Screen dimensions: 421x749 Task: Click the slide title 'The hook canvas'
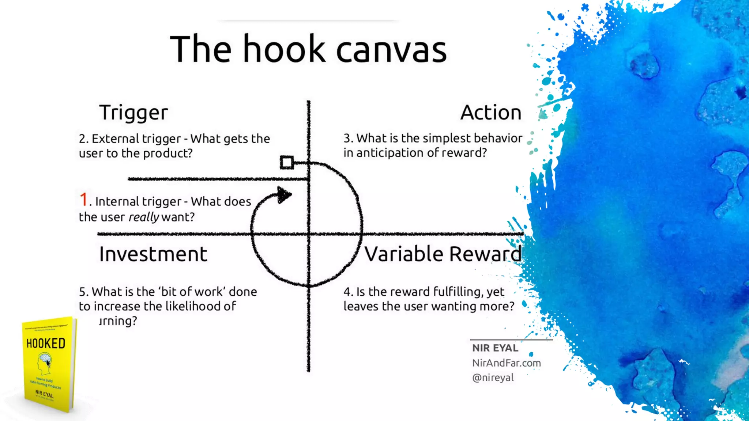pyautogui.click(x=308, y=49)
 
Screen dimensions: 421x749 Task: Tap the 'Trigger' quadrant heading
pyautogui.click(x=133, y=113)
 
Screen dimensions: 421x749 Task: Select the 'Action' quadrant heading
pyautogui.click(x=491, y=113)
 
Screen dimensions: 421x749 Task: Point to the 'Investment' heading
pyautogui.click(x=153, y=254)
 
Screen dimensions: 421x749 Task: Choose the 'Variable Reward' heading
pyautogui.click(x=443, y=254)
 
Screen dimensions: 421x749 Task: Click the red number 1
pyautogui.click(x=84, y=200)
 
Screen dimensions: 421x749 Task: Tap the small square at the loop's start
pyautogui.click(x=287, y=163)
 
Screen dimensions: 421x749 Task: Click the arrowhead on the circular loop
pyautogui.click(x=284, y=195)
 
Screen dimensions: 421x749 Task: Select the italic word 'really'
pyautogui.click(x=144, y=217)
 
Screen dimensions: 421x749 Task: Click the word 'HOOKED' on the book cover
pyautogui.click(x=46, y=344)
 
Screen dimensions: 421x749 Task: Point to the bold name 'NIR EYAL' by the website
pyautogui.click(x=495, y=348)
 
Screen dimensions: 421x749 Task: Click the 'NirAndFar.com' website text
pyautogui.click(x=506, y=363)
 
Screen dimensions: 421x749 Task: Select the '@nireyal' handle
pyautogui.click(x=493, y=378)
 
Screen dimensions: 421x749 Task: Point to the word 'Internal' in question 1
pyautogui.click(x=117, y=201)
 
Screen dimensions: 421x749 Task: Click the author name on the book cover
pyautogui.click(x=44, y=394)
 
